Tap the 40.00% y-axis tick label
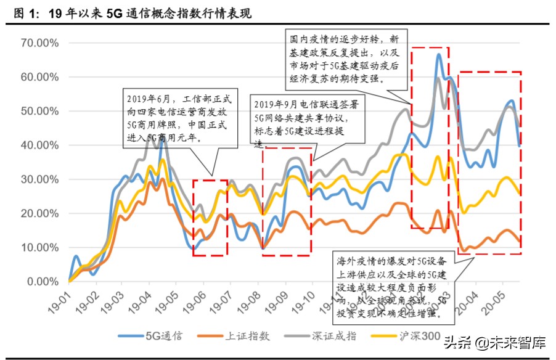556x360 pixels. (x=39, y=145)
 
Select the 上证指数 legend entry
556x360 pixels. (x=229, y=336)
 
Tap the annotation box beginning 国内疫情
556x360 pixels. (x=346, y=59)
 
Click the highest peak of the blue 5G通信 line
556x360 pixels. (x=438, y=54)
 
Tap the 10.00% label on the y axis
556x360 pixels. (x=39, y=248)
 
